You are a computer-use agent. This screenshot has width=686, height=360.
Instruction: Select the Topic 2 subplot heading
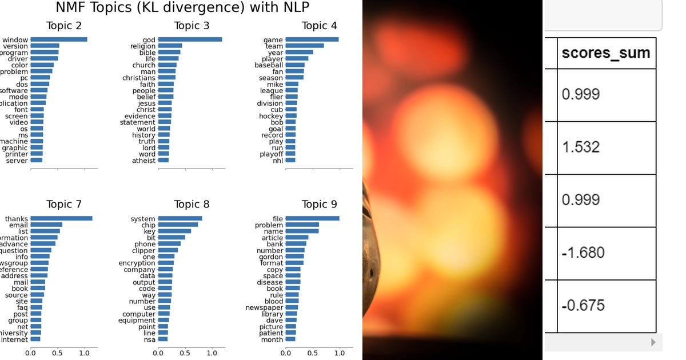point(67,26)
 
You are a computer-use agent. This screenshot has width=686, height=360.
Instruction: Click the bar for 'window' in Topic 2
point(59,39)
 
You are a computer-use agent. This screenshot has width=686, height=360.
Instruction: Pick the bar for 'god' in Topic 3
point(190,39)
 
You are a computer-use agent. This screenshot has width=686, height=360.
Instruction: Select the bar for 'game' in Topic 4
point(312,39)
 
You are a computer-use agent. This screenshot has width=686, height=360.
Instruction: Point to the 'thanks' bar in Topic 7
point(61,218)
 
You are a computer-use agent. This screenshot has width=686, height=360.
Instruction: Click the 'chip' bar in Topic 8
point(178,225)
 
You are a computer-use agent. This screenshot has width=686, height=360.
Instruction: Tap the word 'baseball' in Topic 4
point(269,65)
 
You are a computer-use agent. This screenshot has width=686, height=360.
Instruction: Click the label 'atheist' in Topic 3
point(143,161)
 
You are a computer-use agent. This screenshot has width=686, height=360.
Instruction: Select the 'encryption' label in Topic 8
point(137,263)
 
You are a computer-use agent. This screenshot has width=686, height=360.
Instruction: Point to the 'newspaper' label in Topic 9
point(264,307)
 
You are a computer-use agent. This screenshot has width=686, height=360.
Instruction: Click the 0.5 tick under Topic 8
point(185,353)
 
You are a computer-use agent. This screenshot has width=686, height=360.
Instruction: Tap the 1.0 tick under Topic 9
point(340,353)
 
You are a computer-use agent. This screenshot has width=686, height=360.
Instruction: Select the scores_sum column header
point(606,53)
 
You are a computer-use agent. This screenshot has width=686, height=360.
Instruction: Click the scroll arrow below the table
point(653,342)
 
